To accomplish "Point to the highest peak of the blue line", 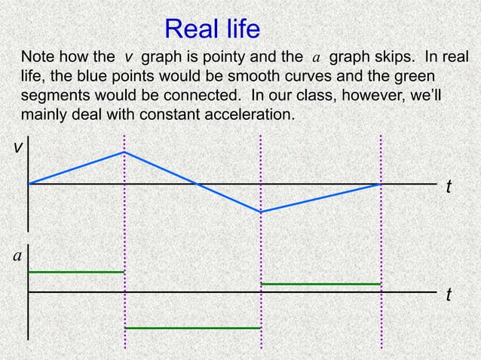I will (124, 152).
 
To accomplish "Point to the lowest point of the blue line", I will (261, 212).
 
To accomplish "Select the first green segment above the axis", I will (75, 271).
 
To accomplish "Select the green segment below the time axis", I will (192, 328).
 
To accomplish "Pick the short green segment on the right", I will (320, 284).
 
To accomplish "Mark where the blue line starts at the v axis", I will (29, 183).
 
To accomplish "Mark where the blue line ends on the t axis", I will (381, 183).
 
